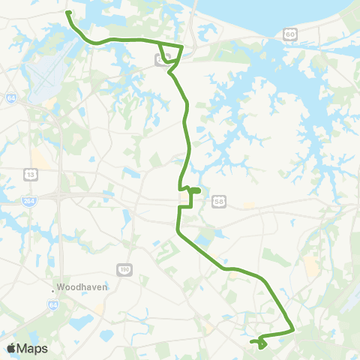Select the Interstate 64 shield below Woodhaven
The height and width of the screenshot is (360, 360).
[53, 305]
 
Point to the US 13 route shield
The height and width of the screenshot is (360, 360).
[31, 175]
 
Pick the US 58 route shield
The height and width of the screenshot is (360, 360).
[218, 202]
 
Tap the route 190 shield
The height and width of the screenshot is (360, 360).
[124, 269]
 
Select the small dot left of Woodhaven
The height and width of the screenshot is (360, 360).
[53, 288]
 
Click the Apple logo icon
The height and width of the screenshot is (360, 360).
[12, 348]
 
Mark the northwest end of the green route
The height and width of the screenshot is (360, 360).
[68, 13]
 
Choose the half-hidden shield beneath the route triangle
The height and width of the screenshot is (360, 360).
[160, 61]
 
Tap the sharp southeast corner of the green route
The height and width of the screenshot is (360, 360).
[293, 329]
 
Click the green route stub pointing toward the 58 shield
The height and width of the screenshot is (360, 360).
[194, 191]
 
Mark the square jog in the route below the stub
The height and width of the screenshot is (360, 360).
[185, 205]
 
